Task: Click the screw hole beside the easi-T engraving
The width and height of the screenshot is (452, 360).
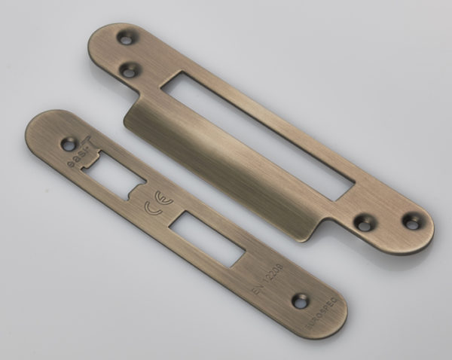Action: (x=70, y=142)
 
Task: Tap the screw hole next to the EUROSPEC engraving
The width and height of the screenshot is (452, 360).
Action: (x=301, y=301)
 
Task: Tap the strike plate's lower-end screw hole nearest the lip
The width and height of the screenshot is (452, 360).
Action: (x=363, y=224)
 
